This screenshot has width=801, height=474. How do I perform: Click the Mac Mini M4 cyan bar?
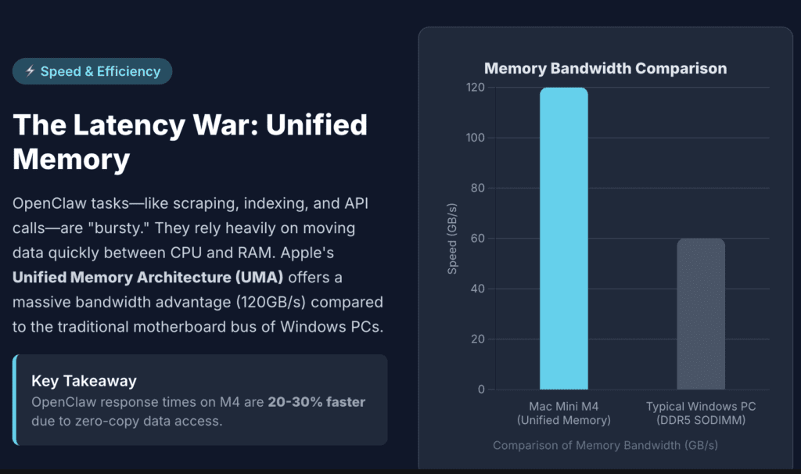(x=563, y=239)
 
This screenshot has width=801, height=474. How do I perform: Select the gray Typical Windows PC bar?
(x=701, y=314)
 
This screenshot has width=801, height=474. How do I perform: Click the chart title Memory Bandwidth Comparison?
(x=605, y=68)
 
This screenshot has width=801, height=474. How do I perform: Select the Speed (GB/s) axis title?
(x=452, y=239)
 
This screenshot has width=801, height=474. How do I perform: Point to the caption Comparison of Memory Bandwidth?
(x=605, y=445)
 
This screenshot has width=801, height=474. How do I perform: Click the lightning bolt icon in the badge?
(x=30, y=71)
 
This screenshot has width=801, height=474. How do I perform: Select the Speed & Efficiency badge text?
(x=100, y=71)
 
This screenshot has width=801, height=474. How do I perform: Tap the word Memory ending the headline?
(x=71, y=159)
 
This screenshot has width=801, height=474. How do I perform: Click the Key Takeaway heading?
(x=84, y=381)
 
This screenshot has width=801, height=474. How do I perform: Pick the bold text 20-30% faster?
(x=316, y=402)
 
